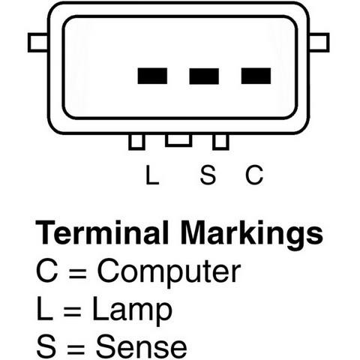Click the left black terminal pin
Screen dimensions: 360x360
click(152, 76)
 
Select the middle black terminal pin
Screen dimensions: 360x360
click(204, 76)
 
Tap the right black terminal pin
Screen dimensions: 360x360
click(256, 76)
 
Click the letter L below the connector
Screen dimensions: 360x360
click(152, 175)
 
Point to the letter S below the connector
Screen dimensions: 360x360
click(208, 175)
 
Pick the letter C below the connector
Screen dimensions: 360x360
click(254, 175)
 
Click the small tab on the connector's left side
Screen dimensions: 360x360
click(37, 43)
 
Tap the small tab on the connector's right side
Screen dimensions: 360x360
click(319, 43)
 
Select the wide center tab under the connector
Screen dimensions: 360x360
click(178, 140)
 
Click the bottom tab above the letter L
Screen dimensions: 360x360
click(136, 142)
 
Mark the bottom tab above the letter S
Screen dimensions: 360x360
click(220, 142)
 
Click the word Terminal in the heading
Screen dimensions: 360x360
click(102, 232)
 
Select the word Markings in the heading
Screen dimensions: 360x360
click(252, 235)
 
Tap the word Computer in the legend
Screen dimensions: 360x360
click(169, 272)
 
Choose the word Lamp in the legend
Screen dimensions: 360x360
click(132, 310)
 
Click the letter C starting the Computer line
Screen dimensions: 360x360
click(47, 271)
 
